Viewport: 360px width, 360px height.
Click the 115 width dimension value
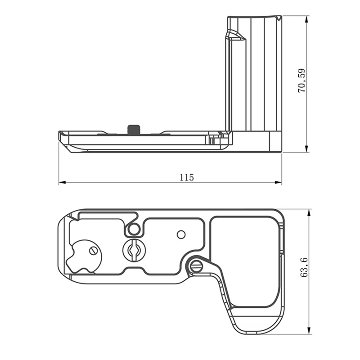(186, 177)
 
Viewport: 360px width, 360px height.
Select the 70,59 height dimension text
(301, 81)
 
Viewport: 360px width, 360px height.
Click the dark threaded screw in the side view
(134, 129)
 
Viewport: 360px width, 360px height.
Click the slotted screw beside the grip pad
(196, 266)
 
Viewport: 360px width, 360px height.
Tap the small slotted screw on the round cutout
(93, 251)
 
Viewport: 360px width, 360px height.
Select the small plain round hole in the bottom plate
(181, 234)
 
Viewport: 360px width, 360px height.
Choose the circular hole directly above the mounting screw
(133, 229)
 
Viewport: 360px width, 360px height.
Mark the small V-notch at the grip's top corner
(279, 18)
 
